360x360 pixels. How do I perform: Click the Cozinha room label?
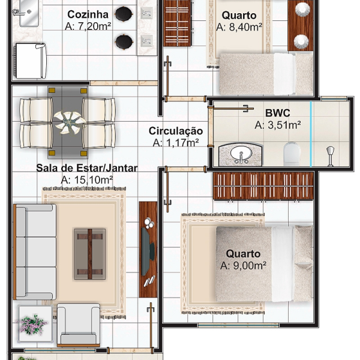88,14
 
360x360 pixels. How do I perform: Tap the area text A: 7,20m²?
88,26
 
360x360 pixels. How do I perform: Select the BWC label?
278,113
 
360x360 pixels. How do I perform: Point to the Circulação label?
176,131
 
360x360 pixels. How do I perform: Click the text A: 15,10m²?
87,180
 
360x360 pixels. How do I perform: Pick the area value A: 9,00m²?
243,266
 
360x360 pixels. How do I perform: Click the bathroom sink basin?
241,154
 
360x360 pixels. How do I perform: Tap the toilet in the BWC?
292,154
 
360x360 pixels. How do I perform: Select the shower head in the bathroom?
330,156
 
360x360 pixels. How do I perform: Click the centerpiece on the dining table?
68,122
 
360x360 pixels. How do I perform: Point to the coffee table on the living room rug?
90,254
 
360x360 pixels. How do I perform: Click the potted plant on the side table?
34,325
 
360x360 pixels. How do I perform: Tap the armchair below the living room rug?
78,325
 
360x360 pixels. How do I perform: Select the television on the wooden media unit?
147,251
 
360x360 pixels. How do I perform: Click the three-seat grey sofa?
35,252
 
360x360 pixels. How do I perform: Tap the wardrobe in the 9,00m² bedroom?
263,186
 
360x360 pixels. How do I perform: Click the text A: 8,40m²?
239,27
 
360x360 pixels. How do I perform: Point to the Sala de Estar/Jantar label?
87,168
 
